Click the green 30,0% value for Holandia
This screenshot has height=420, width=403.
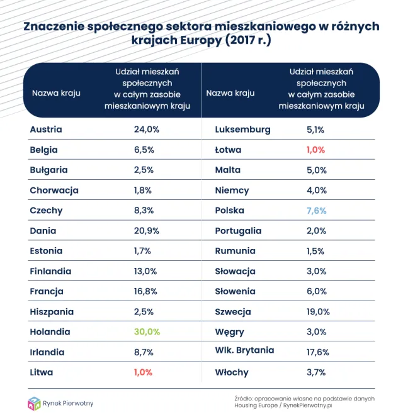point(147,332)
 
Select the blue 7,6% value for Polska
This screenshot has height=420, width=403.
point(316,211)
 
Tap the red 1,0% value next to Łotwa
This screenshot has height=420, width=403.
point(316,150)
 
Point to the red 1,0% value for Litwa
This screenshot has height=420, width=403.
point(143,372)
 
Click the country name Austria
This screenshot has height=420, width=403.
point(46,130)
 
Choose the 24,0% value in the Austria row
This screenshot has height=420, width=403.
point(147,130)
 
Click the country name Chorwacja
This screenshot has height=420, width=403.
point(54,191)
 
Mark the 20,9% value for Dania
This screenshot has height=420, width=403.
point(147,231)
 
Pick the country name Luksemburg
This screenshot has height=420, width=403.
point(242,130)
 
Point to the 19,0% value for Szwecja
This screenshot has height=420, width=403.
point(317,312)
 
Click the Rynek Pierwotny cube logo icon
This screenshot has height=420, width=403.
point(34,403)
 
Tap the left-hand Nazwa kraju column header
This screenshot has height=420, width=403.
point(56,93)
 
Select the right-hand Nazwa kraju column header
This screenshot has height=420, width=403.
point(230,93)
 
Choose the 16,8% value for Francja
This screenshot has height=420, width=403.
point(146,292)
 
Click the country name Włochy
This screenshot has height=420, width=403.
point(232,372)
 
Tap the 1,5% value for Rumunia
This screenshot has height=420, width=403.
point(315,251)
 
